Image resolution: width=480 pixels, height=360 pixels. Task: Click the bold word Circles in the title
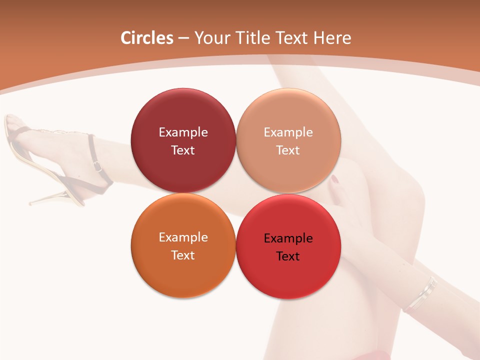(x=147, y=38)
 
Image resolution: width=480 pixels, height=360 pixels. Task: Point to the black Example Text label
(x=288, y=247)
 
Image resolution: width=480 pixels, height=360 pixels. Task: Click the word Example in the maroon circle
(x=183, y=132)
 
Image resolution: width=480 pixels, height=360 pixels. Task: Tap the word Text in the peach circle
(x=288, y=150)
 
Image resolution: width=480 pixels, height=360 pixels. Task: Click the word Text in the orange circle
(x=183, y=255)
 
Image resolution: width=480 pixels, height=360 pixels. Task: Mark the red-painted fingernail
(x=334, y=179)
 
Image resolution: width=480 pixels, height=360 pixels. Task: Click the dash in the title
(x=183, y=38)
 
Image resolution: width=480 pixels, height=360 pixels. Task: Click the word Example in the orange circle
(x=183, y=237)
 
